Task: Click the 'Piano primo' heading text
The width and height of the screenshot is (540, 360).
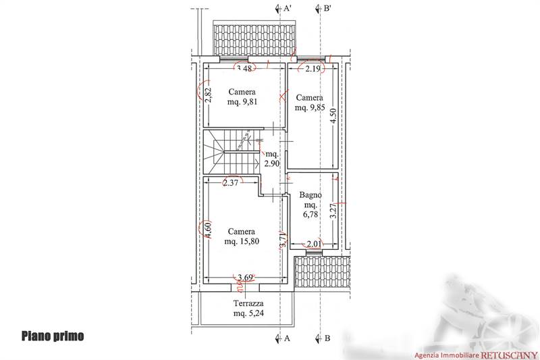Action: [x=53, y=336]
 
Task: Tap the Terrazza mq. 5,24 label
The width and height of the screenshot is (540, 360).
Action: [x=248, y=308]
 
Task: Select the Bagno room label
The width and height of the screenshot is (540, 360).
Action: [x=310, y=195]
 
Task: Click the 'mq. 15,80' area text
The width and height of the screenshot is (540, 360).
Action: [x=242, y=242]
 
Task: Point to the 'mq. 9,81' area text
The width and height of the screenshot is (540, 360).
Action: [x=242, y=102]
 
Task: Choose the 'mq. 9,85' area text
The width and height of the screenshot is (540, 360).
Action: [x=310, y=108]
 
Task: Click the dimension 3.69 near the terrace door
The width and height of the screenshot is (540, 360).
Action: [x=245, y=278]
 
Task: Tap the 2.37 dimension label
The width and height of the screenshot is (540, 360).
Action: [x=230, y=182]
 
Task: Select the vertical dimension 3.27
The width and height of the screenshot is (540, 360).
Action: [x=333, y=211]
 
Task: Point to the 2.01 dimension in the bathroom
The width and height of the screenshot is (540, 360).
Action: [x=314, y=245]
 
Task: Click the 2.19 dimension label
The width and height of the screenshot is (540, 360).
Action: [x=313, y=68]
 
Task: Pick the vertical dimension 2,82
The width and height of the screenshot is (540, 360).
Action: [x=208, y=95]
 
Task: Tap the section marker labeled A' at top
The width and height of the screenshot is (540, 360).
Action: [x=283, y=9]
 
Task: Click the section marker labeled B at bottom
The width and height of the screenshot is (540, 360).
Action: [x=323, y=338]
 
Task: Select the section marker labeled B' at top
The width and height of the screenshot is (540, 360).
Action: [x=323, y=9]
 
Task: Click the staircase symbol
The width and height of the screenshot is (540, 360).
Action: [x=231, y=151]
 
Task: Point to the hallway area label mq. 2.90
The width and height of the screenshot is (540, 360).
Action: [x=272, y=159]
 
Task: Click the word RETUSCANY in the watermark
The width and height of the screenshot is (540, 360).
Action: [x=509, y=355]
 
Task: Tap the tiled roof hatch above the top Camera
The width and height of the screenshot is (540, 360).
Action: [x=255, y=38]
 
